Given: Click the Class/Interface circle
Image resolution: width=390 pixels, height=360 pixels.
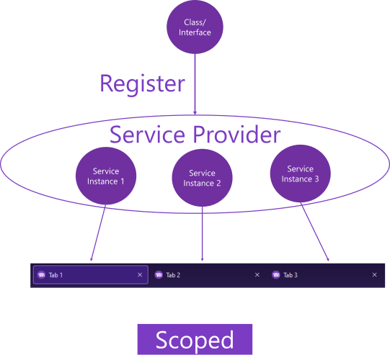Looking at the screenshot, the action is tap(195, 27).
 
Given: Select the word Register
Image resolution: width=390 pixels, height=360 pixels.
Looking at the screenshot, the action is tap(142, 84).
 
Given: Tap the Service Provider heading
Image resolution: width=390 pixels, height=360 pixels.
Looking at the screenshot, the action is tap(195, 135).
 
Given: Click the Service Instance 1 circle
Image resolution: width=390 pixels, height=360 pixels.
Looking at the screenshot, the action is tap(106, 176).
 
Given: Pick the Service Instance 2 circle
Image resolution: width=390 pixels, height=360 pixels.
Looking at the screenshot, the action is tap(203, 178).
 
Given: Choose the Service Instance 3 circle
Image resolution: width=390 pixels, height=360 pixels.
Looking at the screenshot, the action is tap(300, 174).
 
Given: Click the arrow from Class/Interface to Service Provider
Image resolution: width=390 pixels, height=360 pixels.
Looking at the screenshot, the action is tap(195, 84).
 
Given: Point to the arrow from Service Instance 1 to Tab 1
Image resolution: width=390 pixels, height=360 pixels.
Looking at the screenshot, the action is tap(98, 233).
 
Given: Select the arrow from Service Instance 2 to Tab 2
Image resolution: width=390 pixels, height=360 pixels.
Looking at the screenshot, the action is tap(203, 234).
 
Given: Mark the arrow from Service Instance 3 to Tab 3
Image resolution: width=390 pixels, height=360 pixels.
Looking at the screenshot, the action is tap(314, 232).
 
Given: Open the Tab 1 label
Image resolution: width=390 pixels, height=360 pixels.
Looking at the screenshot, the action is tap(56, 275).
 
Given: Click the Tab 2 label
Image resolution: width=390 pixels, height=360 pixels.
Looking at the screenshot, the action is tap(173, 275).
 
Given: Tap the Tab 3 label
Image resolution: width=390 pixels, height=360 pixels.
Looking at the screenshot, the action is tap(291, 275).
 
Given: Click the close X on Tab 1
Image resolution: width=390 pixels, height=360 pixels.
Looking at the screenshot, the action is tap(140, 275).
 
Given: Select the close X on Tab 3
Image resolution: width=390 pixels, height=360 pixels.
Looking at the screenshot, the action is tap(375, 275).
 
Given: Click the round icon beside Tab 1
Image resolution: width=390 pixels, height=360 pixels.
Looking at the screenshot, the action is tap(41, 275).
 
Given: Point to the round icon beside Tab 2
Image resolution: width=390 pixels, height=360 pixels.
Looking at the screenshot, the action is tap(159, 275).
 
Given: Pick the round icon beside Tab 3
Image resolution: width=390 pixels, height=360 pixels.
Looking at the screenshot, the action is tap(276, 275).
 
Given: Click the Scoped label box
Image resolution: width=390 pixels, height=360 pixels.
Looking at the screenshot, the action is tap(195, 339).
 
